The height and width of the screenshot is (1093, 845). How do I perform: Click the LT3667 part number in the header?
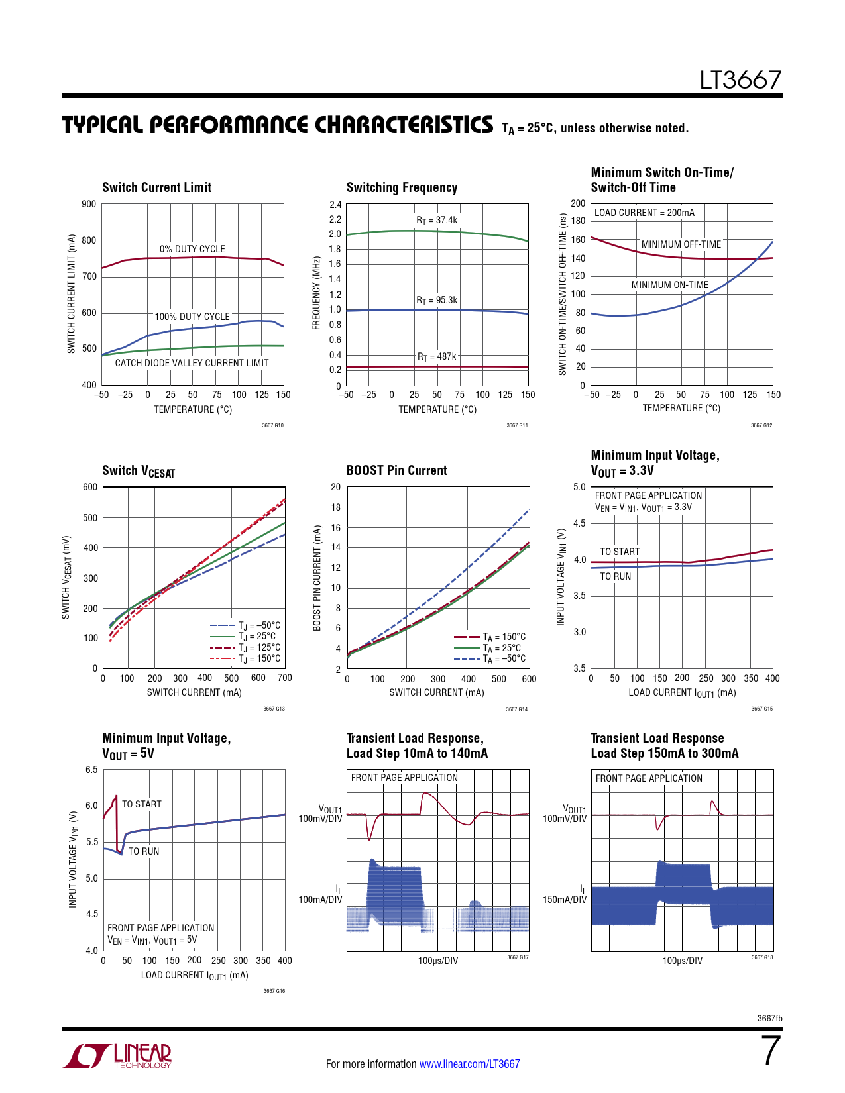point(740,80)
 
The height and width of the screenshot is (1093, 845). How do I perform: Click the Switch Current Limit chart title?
point(156,187)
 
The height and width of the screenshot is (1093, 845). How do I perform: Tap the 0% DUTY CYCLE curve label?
point(192,249)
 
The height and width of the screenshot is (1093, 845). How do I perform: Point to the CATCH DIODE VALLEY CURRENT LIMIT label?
point(192,363)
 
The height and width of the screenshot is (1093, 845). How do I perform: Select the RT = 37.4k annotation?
point(437,220)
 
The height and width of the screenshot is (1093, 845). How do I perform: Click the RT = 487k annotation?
point(437,356)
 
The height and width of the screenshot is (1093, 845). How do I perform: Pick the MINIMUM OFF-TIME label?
point(681,244)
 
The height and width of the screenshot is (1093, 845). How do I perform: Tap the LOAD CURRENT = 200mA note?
point(644,213)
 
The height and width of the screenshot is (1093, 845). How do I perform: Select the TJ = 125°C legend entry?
point(259,647)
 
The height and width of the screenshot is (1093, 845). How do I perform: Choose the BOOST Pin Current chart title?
point(396,470)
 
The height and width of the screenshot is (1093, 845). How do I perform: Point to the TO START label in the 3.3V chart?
point(620,552)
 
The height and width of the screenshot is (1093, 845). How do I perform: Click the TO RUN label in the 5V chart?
point(144,851)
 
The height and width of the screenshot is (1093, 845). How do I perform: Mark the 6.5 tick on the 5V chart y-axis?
point(91,770)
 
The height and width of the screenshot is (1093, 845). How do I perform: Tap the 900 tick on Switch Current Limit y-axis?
point(89,204)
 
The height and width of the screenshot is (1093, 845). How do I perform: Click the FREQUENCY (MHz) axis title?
point(317,293)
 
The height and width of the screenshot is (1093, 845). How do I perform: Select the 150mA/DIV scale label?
point(564,900)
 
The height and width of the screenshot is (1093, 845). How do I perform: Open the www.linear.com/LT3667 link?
point(469,1064)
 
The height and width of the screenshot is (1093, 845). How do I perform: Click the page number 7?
point(771,1051)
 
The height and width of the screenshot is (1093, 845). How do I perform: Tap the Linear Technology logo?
point(117,1056)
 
